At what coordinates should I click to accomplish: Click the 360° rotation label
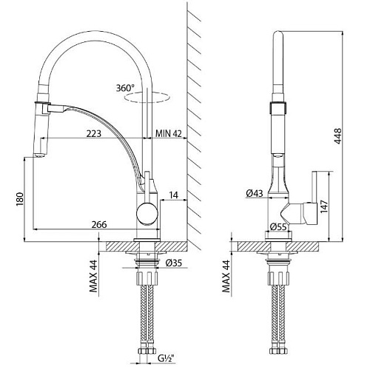[x=125, y=88]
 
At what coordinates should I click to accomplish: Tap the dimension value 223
[x=94, y=133]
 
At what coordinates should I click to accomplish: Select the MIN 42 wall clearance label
[x=169, y=133]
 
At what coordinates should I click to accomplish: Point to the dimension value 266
[x=99, y=225]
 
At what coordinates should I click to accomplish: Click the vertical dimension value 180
[x=19, y=199]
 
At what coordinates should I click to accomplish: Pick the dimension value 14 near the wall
[x=174, y=195]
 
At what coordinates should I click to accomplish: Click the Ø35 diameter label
[x=174, y=263]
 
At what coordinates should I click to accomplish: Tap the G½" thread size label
[x=166, y=358]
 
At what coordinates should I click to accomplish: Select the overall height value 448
[x=337, y=136]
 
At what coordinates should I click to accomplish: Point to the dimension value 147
[x=324, y=206]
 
